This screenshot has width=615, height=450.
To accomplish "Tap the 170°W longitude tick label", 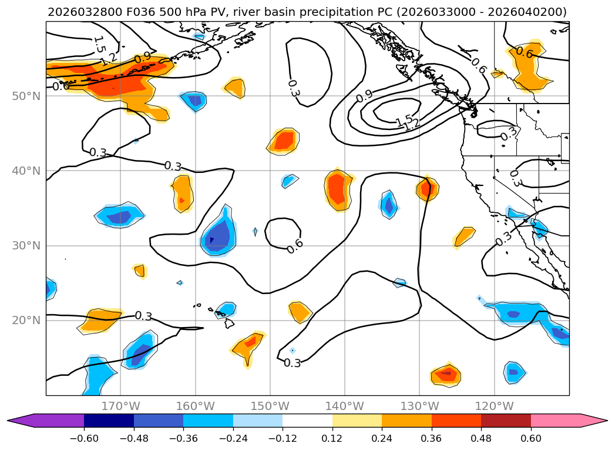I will pyautogui.click(x=120, y=406).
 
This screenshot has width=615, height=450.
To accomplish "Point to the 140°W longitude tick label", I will pyautogui.click(x=345, y=406).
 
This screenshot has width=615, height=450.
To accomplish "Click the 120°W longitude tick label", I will pyautogui.click(x=494, y=406).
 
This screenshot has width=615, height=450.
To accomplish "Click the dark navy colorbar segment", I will pyautogui.click(x=109, y=421).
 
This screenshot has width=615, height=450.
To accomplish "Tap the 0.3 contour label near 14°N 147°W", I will pyautogui.click(x=292, y=363).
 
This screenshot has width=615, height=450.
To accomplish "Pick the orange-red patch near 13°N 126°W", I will pyautogui.click(x=446, y=374).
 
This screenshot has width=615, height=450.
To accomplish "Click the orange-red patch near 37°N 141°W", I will pyautogui.click(x=338, y=189).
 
